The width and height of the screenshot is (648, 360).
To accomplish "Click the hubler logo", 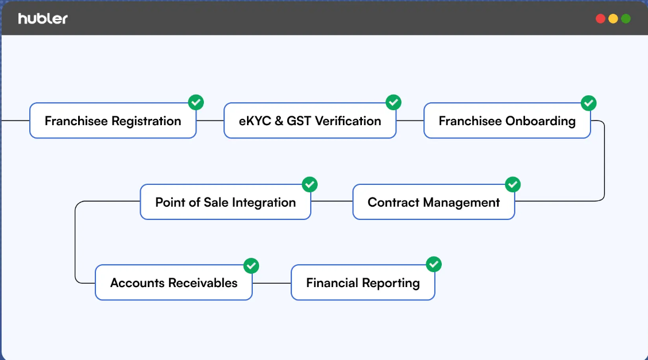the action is pos(43,18).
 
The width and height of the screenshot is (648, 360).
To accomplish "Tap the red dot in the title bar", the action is pos(600,18).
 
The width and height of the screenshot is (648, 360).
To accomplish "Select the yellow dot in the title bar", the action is pos(614,18).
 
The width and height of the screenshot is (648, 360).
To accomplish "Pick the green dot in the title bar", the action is pos(626,18).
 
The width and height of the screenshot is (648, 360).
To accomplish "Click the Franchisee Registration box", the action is pos(113,121).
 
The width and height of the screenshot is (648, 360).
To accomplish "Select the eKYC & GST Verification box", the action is pos(310,121).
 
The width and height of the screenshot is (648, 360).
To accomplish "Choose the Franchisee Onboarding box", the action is pos(507,121).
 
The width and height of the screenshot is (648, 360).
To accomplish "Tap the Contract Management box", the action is pos(434,202).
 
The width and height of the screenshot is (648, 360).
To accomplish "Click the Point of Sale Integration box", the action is pos(225,202).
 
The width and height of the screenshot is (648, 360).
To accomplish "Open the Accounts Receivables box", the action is pos(173,282).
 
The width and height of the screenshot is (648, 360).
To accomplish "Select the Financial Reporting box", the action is pos(363,282).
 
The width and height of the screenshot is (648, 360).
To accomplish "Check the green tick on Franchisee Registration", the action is pos(196,102).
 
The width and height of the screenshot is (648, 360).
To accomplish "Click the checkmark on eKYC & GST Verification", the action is pos(394,102).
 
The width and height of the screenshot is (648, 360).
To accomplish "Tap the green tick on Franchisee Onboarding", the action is pos(588,103).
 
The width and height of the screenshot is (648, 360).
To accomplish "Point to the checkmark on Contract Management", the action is pos(513,184).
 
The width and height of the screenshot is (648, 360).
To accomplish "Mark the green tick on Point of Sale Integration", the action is pos(310,184).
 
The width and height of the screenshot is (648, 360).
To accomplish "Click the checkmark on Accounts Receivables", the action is pos(251,266).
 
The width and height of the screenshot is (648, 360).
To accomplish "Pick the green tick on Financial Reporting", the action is pos(434,264).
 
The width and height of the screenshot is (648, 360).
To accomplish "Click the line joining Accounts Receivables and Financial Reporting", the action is pos(272,283).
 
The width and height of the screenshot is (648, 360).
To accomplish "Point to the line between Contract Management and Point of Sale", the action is pos(332,202).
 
